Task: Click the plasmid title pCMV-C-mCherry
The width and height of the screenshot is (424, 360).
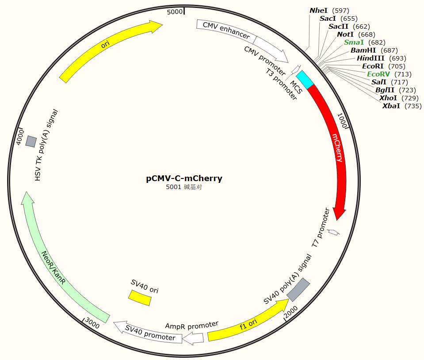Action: click(184, 178)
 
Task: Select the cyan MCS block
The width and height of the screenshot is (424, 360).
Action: click(305, 79)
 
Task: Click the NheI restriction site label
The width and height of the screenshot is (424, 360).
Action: click(318, 10)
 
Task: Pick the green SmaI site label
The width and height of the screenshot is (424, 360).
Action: click(354, 42)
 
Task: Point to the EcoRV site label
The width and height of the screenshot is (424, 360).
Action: click(378, 74)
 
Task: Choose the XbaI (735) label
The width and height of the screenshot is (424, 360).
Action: click(391, 106)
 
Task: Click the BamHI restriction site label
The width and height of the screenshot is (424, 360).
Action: click(363, 50)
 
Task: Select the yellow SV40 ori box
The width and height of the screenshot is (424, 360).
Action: click(140, 297)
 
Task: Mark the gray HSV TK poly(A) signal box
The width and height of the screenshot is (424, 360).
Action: click(31, 141)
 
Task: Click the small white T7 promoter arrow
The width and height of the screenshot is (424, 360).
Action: click(334, 232)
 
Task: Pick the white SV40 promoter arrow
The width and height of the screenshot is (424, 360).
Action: click(148, 333)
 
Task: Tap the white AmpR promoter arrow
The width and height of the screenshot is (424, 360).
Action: click(194, 338)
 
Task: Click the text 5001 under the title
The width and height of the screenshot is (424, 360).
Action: click(174, 187)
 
